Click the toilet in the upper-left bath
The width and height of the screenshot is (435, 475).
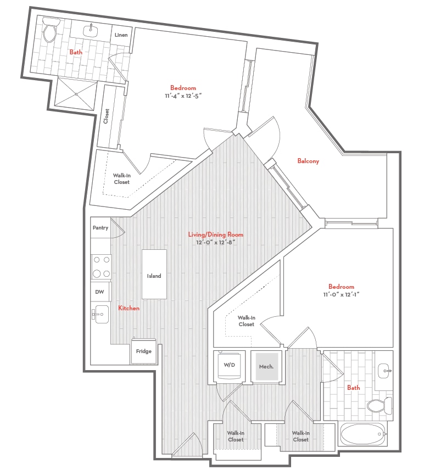pos(50,30)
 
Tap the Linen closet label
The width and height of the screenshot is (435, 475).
pos(121,35)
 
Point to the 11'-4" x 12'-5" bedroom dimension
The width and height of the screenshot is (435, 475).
pos(183,96)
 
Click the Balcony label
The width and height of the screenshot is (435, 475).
pos(308,161)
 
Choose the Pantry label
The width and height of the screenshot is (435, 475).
pos(101,227)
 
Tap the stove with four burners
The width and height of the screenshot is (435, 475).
pos(101,267)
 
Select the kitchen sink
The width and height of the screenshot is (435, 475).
pos(101,314)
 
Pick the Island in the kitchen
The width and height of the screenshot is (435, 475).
pos(154,274)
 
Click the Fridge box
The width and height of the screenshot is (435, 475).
pos(143,351)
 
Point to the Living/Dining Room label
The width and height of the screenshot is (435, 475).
pos(216,234)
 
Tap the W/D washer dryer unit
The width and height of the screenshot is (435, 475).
pos(230,365)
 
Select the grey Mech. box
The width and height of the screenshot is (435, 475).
pos(266,367)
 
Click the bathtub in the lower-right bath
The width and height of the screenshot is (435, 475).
pos(363,434)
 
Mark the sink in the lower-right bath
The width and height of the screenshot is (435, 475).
pos(384,371)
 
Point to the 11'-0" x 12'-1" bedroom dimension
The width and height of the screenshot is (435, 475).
pos(341,294)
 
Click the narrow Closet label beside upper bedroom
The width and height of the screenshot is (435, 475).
pos(107,116)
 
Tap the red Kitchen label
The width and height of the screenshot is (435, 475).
pos(129,308)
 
